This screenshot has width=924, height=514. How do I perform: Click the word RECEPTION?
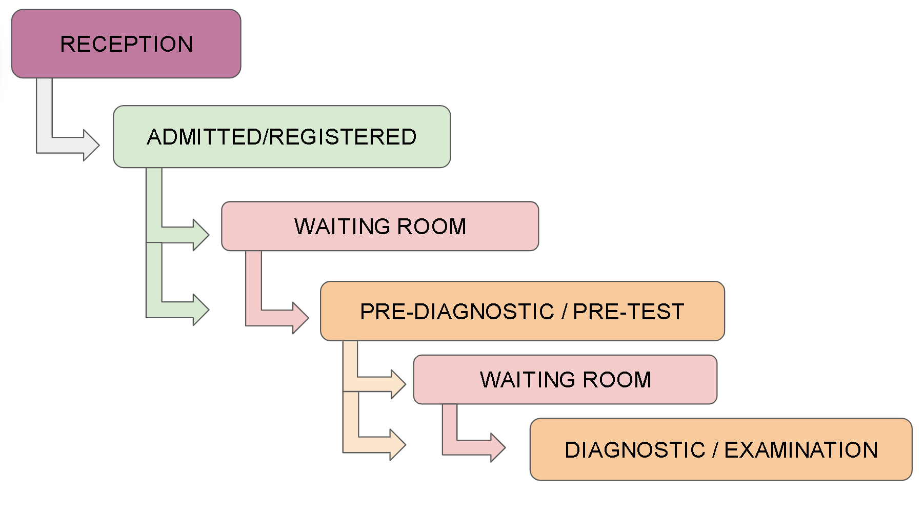pyautogui.click(x=127, y=44)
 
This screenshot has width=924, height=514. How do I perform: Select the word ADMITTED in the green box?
pyautogui.click(x=204, y=137)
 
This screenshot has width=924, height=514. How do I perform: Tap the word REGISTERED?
pyautogui.click(x=343, y=137)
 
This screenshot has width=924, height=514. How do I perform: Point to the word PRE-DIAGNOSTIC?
pyautogui.click(x=457, y=312)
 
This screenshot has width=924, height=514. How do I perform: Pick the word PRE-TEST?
pyautogui.click(x=629, y=312)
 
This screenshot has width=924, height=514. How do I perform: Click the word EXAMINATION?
pyautogui.click(x=801, y=450)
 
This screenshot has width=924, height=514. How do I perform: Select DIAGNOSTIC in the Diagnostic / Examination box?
pyautogui.click(x=635, y=450)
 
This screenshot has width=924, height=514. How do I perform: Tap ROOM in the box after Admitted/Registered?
pyautogui.click(x=432, y=227)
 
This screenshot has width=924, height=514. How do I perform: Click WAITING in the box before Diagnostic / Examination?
pyautogui.click(x=528, y=380)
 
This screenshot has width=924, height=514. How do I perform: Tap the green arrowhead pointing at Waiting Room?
pyautogui.click(x=201, y=235)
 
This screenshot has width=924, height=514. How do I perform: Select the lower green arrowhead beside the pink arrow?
pyautogui.click(x=201, y=310)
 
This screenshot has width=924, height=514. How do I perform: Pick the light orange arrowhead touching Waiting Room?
pyautogui.click(x=398, y=384)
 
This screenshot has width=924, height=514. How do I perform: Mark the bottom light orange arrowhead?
pyautogui.click(x=398, y=445)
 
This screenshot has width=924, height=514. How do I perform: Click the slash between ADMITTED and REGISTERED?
pyautogui.click(x=265, y=137)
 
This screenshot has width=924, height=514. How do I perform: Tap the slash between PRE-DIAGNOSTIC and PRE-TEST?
pyautogui.click(x=564, y=312)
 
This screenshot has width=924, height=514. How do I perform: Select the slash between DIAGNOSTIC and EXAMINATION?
pyautogui.click(x=715, y=450)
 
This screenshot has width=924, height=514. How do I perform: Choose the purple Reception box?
pyautogui.click(x=126, y=44)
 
